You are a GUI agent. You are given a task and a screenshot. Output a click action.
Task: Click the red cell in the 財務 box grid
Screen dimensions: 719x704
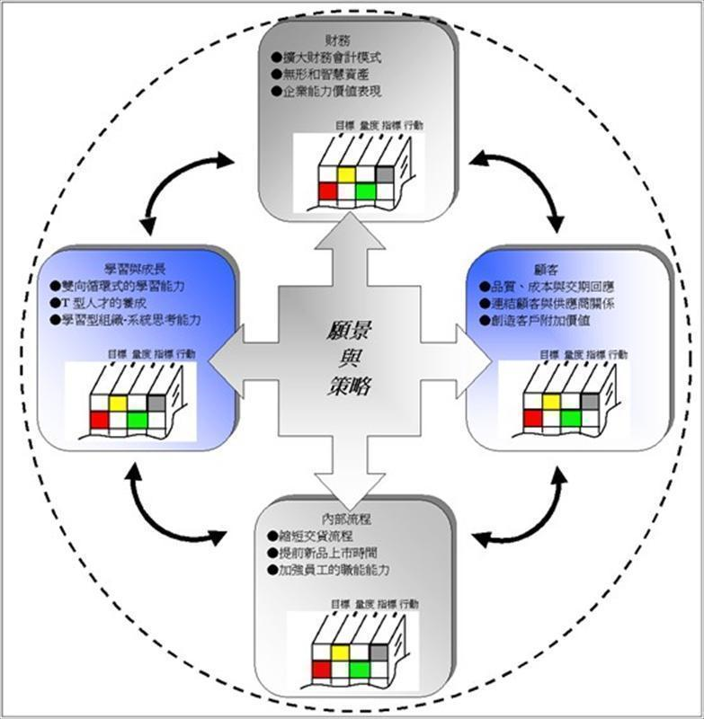coord(326,191)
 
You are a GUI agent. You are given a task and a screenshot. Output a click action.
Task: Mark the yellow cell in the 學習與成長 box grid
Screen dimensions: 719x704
coord(117,404)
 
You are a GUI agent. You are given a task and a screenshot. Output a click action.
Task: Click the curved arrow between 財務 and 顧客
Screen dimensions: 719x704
coord(524,183)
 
